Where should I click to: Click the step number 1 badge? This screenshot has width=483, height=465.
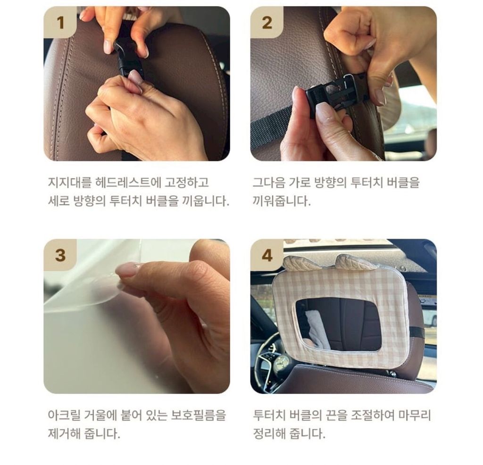pyautogui.click(x=60, y=23)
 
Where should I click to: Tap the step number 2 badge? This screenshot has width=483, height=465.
pyautogui.click(x=267, y=23)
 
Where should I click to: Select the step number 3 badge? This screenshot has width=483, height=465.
pyautogui.click(x=60, y=255)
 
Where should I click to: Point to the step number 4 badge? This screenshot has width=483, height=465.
pyautogui.click(x=267, y=255)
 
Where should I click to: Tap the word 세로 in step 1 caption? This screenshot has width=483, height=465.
pyautogui.click(x=58, y=201)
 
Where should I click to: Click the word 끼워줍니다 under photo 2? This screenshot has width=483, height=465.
pyautogui.click(x=282, y=201)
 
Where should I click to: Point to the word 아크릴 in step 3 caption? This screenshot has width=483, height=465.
pyautogui.click(x=64, y=415)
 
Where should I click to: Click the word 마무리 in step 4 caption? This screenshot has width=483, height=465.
pyautogui.click(x=415, y=415)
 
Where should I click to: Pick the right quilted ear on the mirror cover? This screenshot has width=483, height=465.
pyautogui.click(x=350, y=262)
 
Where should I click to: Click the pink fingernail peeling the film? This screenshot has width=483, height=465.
pyautogui.click(x=127, y=269)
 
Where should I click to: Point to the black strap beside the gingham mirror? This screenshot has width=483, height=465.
pyautogui.click(x=416, y=332)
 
